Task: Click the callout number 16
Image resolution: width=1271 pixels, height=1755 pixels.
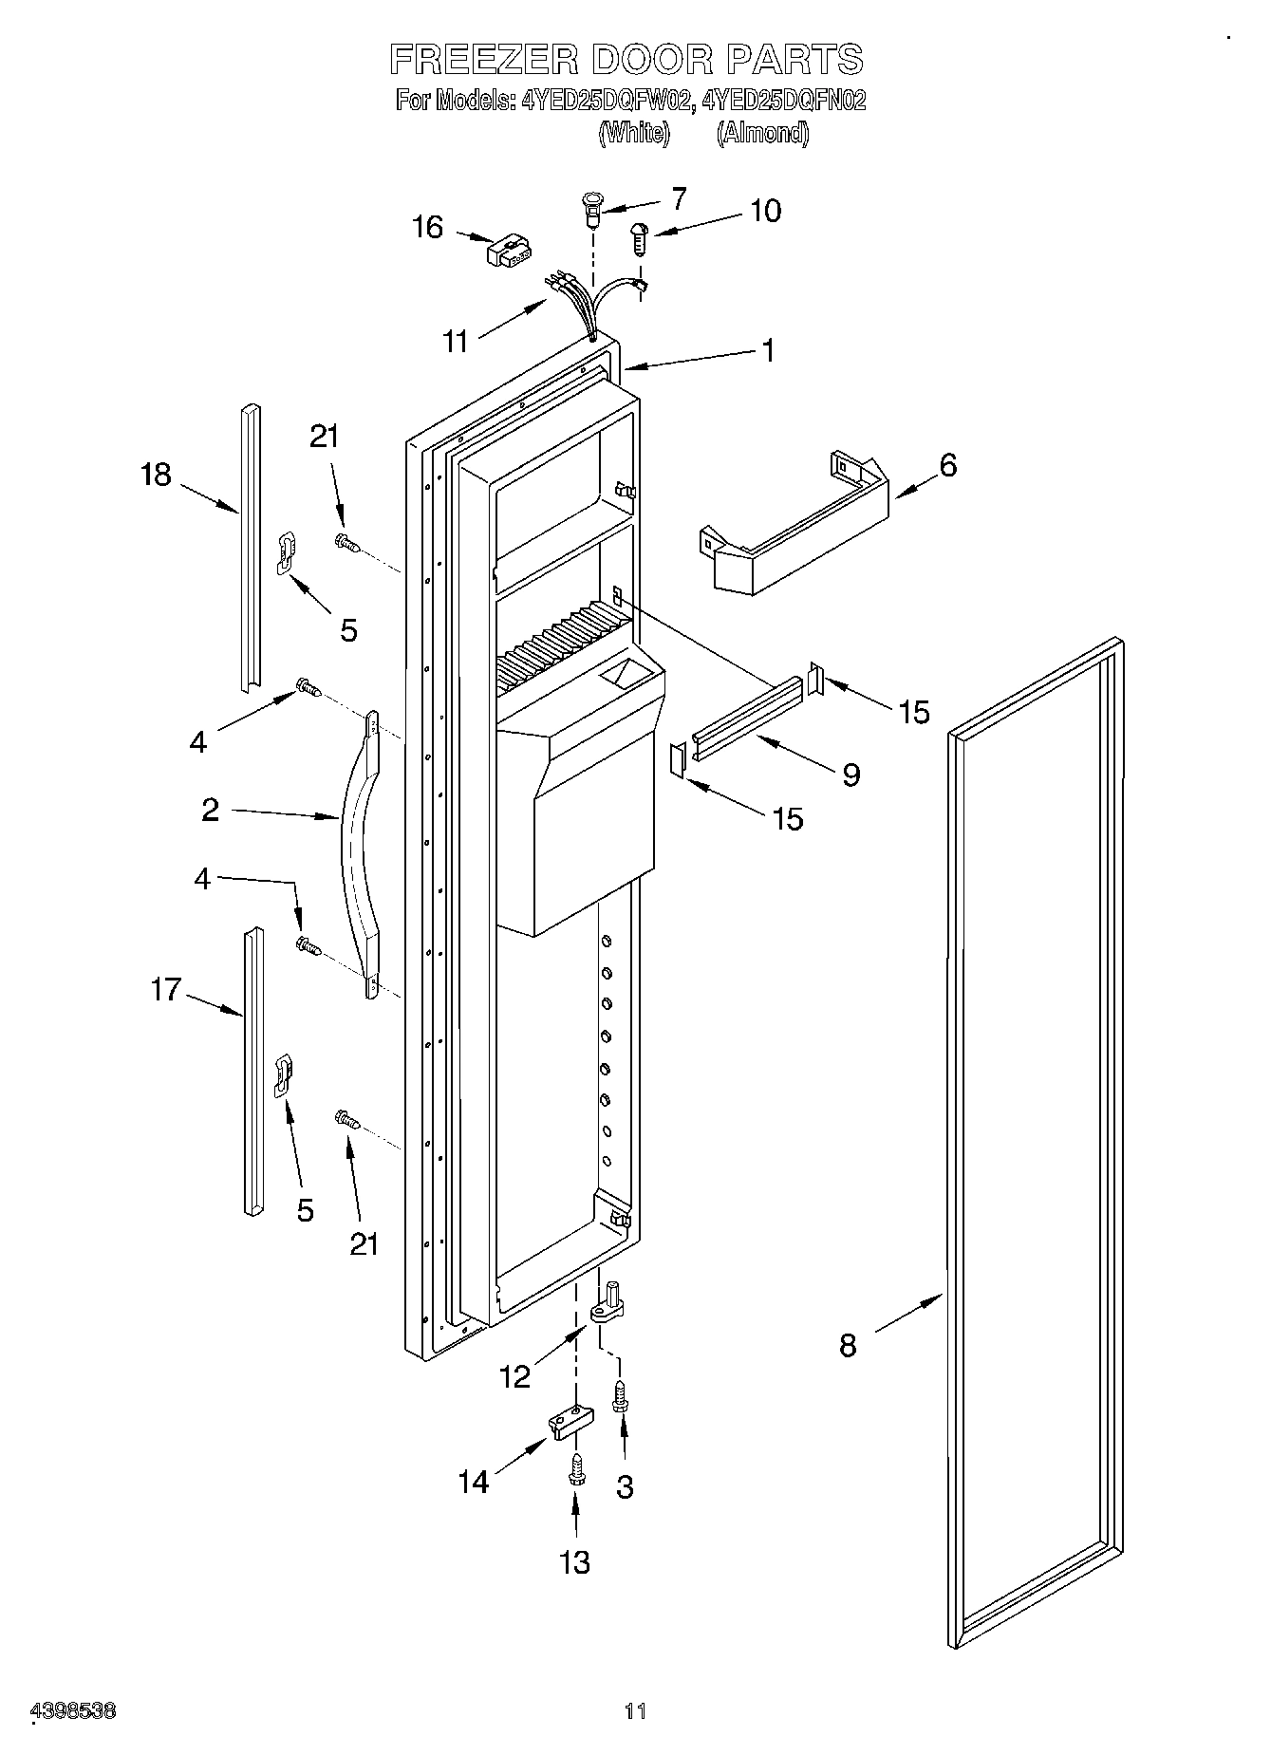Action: (x=428, y=228)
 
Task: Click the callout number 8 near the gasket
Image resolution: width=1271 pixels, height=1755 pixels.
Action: (x=848, y=1345)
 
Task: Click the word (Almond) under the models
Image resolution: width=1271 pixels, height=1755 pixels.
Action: (x=762, y=133)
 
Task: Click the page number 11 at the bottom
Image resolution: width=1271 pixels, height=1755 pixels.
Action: (x=635, y=1711)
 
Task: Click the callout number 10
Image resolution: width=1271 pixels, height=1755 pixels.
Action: (x=765, y=211)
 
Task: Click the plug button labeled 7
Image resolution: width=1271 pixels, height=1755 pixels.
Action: (x=592, y=209)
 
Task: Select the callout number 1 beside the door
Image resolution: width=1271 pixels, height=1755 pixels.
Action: (x=768, y=350)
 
